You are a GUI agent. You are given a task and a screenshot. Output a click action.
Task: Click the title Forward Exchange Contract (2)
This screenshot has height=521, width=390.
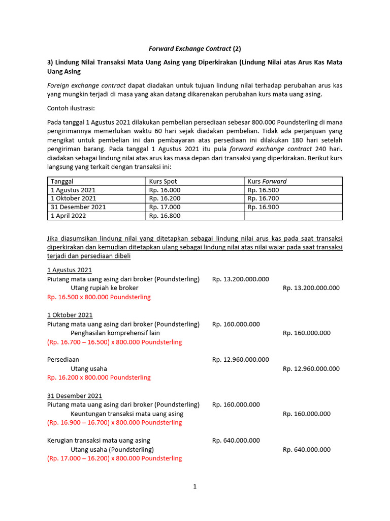click(194, 49)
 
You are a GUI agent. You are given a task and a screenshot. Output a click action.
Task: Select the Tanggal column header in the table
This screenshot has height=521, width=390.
click(62, 181)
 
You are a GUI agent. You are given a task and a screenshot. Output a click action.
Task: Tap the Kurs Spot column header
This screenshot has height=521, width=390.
click(163, 181)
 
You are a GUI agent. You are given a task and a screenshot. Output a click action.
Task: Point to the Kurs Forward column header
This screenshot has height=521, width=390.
click(267, 181)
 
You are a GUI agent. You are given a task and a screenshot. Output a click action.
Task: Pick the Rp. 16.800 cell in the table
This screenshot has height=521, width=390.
click(165, 216)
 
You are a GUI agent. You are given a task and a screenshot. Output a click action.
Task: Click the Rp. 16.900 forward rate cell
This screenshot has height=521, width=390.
click(263, 207)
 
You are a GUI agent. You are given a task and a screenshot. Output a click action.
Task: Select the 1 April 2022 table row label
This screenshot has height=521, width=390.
click(69, 216)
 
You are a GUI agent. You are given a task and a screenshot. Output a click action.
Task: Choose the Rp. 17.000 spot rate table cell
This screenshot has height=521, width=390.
click(165, 207)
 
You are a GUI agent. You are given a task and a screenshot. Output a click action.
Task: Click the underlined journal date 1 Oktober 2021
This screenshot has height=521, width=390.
click(70, 315)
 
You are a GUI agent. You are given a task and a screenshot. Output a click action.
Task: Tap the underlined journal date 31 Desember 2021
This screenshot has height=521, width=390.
click(75, 396)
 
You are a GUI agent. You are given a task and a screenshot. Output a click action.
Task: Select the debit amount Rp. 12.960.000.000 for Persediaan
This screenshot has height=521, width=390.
click(240, 360)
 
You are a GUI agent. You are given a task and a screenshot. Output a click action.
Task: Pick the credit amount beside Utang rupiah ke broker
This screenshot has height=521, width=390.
click(311, 288)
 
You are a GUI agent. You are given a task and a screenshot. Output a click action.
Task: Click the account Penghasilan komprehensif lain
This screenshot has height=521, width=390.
click(115, 333)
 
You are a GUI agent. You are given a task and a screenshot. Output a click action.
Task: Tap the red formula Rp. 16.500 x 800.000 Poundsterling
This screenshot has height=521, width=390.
click(99, 297)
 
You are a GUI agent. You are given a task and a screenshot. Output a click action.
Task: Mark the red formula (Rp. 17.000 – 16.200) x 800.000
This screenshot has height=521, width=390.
click(114, 458)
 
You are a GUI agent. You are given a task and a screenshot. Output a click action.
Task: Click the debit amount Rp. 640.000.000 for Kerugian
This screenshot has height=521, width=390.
click(236, 441)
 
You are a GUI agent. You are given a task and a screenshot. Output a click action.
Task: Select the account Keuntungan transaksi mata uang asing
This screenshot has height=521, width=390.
click(126, 414)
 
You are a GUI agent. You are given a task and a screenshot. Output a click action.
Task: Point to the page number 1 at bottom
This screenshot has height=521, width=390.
click(194, 486)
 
